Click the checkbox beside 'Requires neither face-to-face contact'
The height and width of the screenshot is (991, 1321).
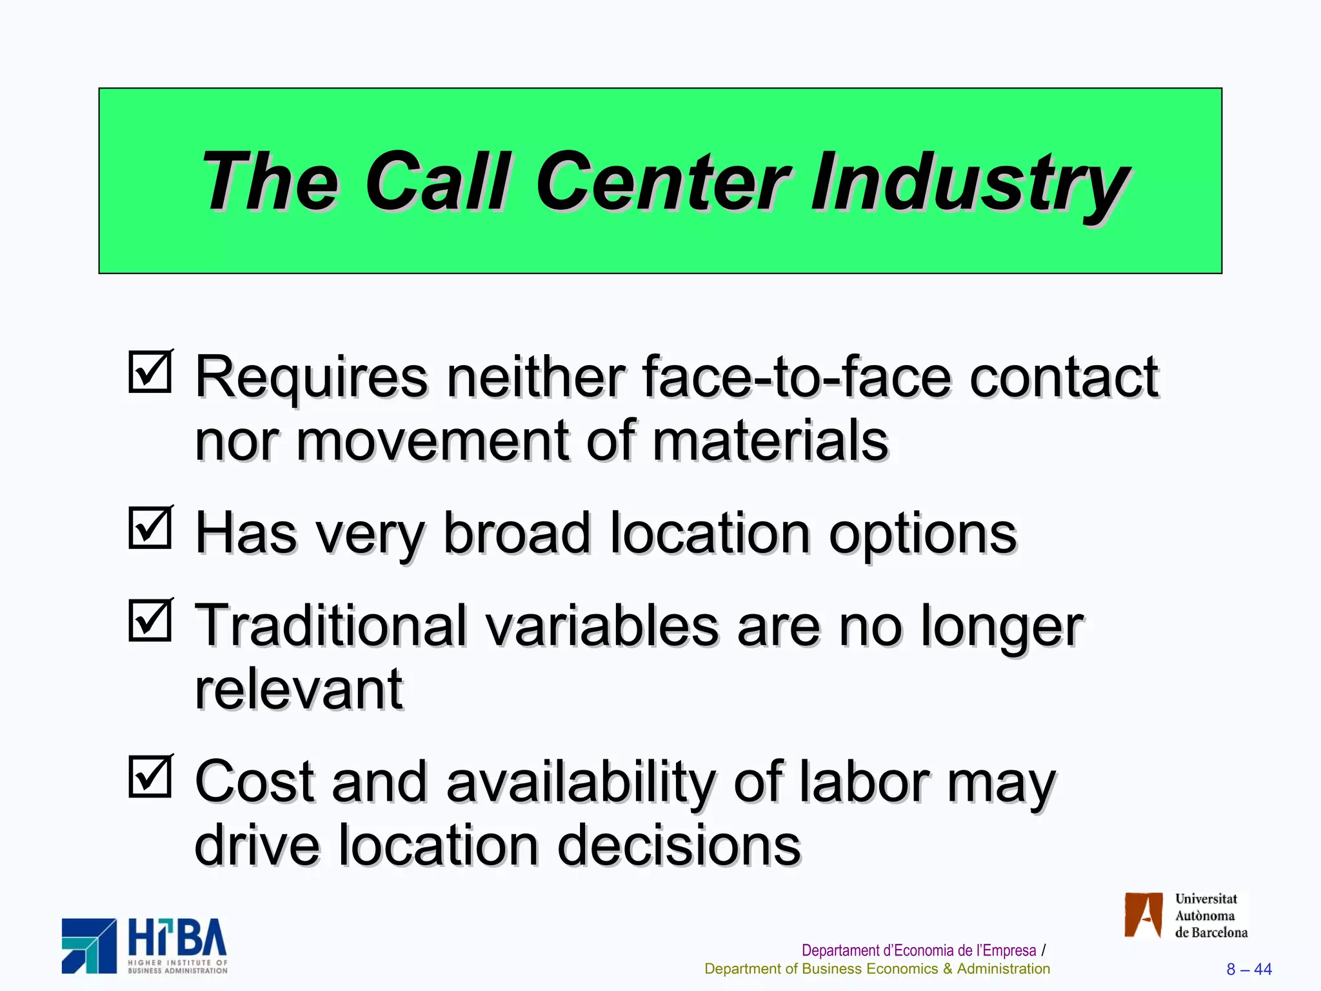(x=150, y=372)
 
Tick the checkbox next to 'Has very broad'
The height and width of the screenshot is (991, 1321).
(x=150, y=528)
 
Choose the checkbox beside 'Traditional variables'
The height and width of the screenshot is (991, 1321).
(x=150, y=620)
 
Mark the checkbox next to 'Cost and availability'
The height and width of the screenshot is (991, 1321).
(x=150, y=776)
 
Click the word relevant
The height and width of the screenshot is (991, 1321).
(x=299, y=690)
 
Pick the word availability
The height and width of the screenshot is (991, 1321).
(x=581, y=781)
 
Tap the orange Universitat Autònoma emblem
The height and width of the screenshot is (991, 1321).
(x=1143, y=914)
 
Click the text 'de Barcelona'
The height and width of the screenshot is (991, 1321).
(x=1211, y=932)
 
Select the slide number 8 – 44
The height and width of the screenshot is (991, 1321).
(x=1249, y=969)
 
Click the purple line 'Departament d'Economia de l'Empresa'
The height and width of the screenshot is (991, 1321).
(x=919, y=950)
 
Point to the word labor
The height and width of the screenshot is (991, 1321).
(x=864, y=781)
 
